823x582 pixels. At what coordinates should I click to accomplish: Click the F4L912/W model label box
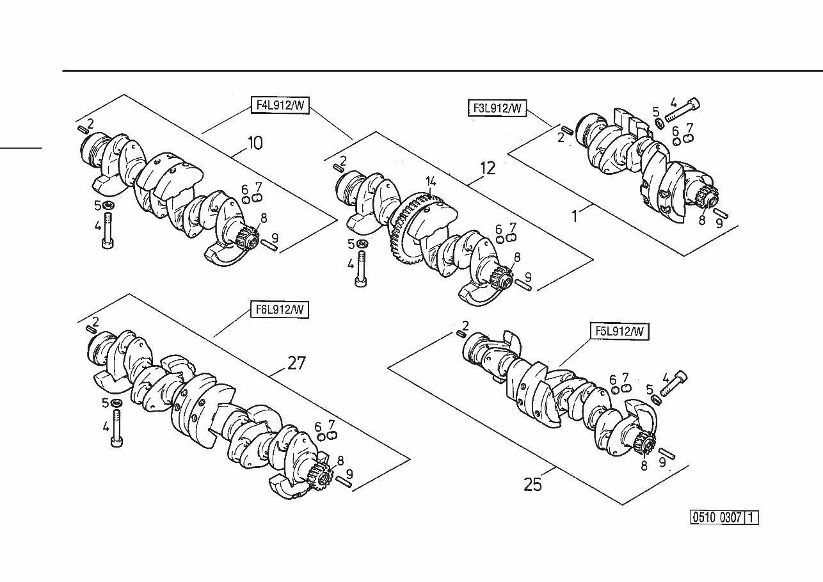pyautogui.click(x=279, y=106)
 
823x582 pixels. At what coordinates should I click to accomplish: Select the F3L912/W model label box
pyautogui.click(x=497, y=109)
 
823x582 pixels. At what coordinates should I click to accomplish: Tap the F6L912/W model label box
pyautogui.click(x=280, y=310)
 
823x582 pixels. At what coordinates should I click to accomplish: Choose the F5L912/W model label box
pyautogui.click(x=619, y=331)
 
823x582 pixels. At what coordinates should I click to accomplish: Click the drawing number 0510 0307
pyautogui.click(x=717, y=517)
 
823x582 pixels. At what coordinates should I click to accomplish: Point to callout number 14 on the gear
pyautogui.click(x=431, y=181)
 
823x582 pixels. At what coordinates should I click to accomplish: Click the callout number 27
pyautogui.click(x=296, y=364)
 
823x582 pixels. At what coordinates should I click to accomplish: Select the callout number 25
pyautogui.click(x=532, y=485)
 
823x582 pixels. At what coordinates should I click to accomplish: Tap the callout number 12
pyautogui.click(x=488, y=168)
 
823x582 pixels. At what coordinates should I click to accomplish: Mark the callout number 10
pyautogui.click(x=254, y=143)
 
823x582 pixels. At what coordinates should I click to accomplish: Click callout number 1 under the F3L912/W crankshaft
pyautogui.click(x=574, y=216)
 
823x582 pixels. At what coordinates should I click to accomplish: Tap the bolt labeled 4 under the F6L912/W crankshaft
pyautogui.click(x=117, y=428)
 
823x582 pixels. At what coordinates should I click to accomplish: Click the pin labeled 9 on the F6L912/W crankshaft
pyautogui.click(x=342, y=482)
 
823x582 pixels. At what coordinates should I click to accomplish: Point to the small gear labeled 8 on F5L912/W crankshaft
pyautogui.click(x=645, y=443)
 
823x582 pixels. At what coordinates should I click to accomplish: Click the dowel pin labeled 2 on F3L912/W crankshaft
pyautogui.click(x=564, y=130)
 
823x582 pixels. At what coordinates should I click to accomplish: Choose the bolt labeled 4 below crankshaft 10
pyautogui.click(x=108, y=230)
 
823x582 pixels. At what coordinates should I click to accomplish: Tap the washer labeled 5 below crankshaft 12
pyautogui.click(x=363, y=245)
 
